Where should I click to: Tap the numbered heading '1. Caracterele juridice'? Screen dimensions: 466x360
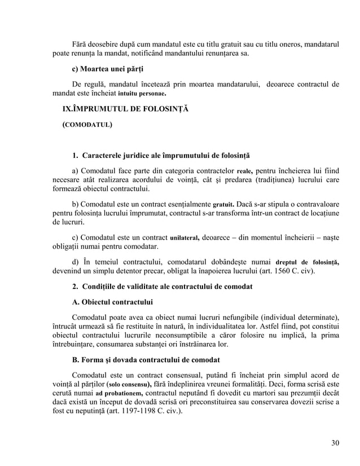point(160,155)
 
